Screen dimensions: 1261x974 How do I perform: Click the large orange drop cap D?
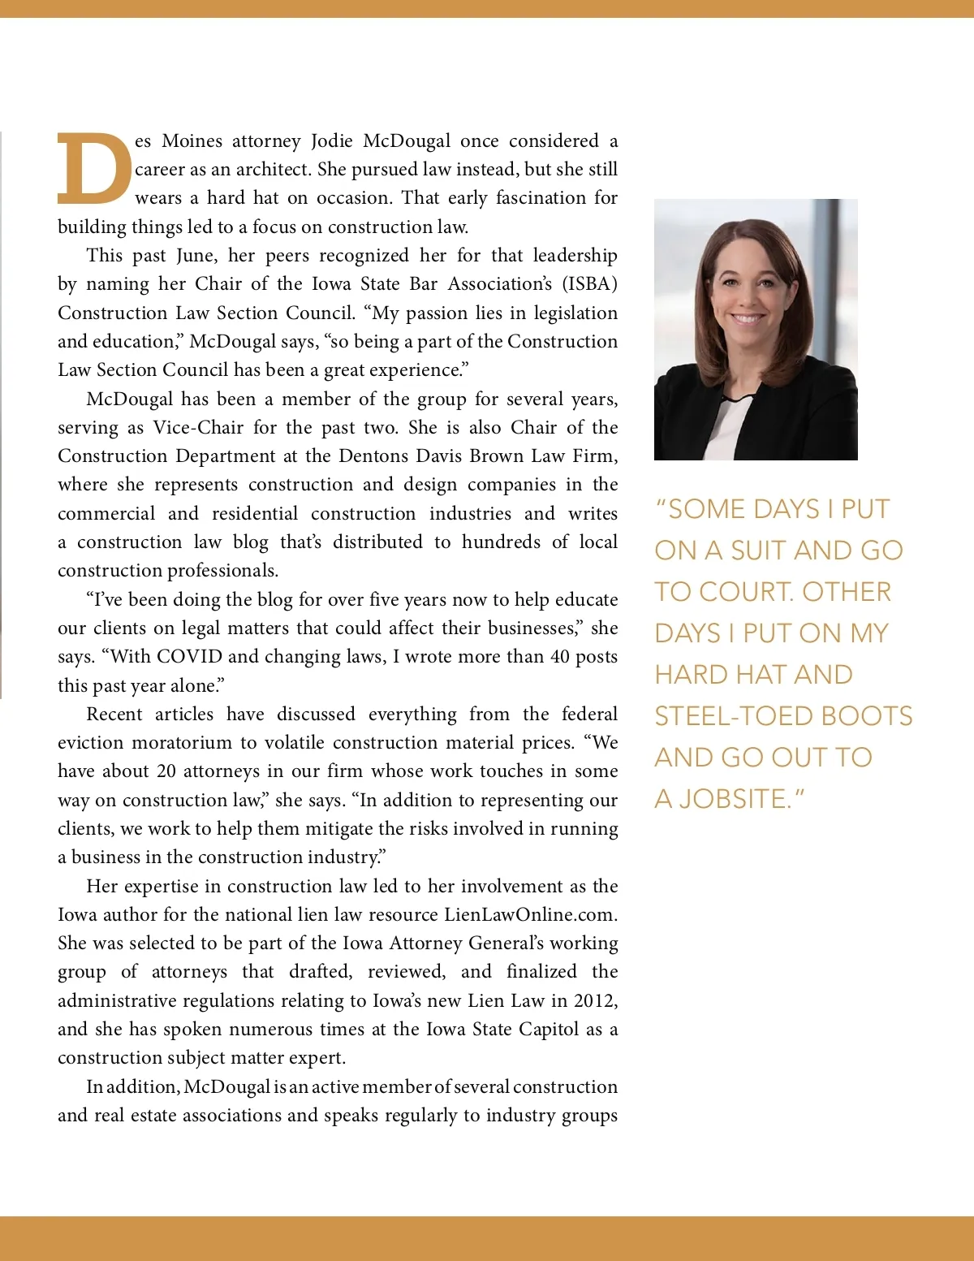pos(93,169)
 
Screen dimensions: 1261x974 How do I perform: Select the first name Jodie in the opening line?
pos(332,141)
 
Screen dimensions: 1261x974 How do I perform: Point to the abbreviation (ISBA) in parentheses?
pos(589,284)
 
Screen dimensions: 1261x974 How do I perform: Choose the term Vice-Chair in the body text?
pos(198,428)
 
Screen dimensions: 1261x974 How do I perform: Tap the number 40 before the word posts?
pos(560,657)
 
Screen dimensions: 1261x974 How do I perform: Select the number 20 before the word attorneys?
pos(166,771)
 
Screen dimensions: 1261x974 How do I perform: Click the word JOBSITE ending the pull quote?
pos(735,799)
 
